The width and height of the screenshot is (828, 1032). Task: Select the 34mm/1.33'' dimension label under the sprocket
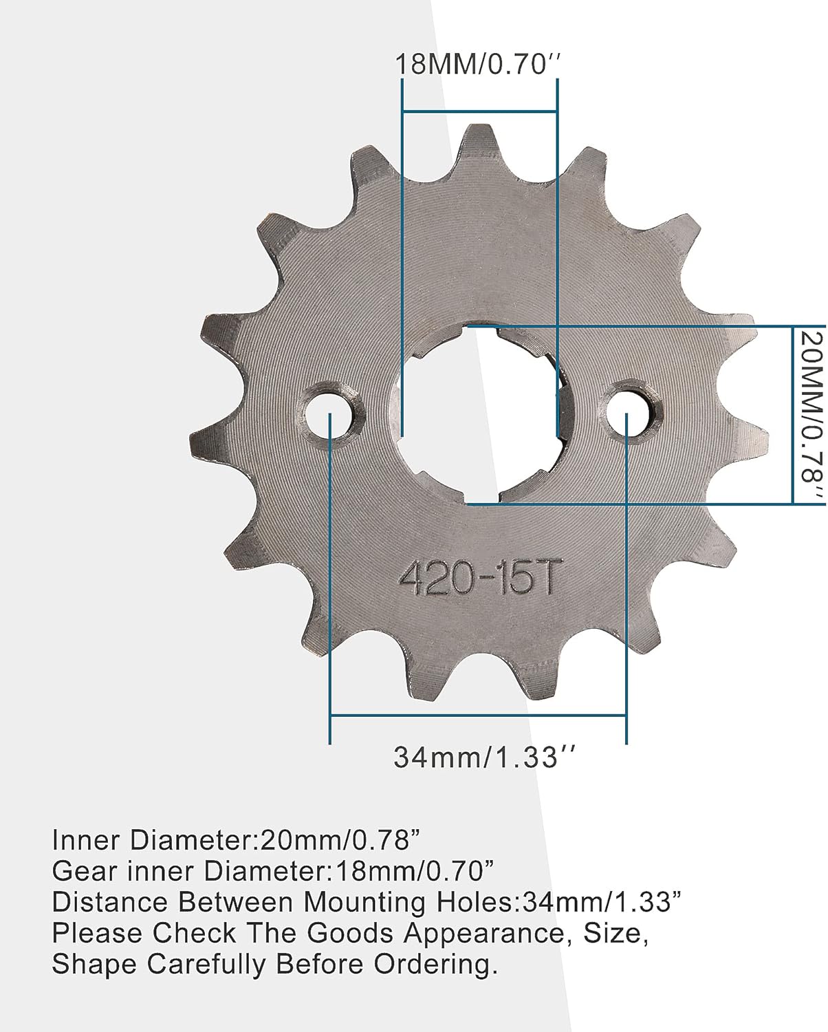click(x=483, y=757)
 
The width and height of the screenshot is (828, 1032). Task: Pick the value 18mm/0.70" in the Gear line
click(x=415, y=871)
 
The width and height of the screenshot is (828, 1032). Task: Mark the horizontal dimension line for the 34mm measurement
click(x=478, y=716)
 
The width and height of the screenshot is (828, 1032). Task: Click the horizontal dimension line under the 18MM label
click(x=479, y=111)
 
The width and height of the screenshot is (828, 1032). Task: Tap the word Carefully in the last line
click(x=204, y=965)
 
